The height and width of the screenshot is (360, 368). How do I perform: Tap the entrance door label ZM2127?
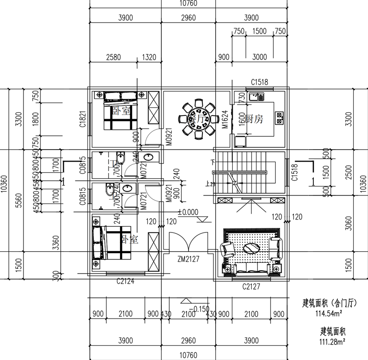[x=188, y=260]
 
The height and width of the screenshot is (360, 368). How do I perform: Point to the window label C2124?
[x=125, y=281]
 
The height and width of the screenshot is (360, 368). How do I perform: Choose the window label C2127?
[x=252, y=286]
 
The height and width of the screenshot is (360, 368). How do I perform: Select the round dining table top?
[x=199, y=118]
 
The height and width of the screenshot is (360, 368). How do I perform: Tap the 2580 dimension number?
[x=113, y=58]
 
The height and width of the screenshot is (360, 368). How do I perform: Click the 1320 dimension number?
[x=149, y=58]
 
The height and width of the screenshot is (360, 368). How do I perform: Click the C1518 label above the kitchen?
[x=259, y=82]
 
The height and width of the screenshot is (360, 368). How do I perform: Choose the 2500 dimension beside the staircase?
[x=351, y=173]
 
